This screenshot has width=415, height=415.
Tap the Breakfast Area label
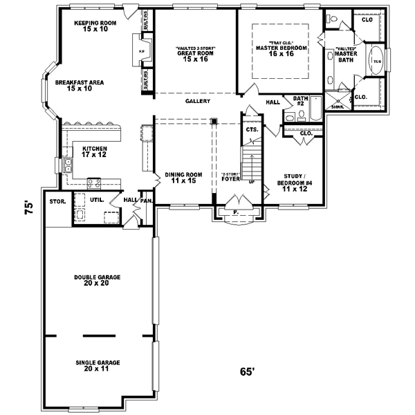[x=80, y=86]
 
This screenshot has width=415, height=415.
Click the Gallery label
[x=198, y=102]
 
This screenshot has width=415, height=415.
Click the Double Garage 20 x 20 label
[x=98, y=280]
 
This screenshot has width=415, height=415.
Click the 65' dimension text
[x=248, y=371]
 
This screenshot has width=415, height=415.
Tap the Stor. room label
[x=57, y=202]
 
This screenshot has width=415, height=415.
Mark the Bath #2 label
[x=300, y=101]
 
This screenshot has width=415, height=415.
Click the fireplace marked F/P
[x=142, y=52]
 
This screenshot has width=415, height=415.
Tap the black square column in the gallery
[x=214, y=122]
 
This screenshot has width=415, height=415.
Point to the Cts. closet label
[x=252, y=129]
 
